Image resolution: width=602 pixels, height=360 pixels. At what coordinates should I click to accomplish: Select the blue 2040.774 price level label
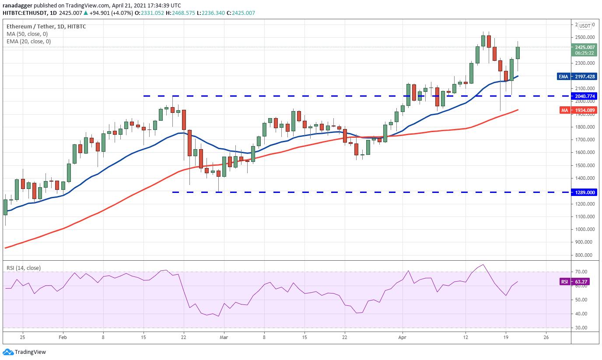click(584, 96)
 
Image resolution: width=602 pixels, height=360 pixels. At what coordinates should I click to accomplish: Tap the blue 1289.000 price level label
click(584, 192)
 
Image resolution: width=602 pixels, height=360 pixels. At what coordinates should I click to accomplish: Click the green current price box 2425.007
click(584, 50)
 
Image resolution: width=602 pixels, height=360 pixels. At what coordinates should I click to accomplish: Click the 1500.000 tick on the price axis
click(584, 165)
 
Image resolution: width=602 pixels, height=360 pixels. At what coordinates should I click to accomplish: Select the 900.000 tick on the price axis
click(584, 242)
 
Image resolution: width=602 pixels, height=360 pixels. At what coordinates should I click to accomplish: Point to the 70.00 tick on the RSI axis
click(581, 272)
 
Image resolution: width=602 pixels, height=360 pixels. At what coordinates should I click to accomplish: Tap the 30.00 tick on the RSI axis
click(581, 328)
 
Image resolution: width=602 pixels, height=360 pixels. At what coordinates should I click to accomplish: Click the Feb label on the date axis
click(63, 337)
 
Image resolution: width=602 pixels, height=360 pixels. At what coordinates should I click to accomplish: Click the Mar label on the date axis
click(224, 337)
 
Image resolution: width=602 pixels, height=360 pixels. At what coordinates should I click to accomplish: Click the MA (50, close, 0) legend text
click(27, 34)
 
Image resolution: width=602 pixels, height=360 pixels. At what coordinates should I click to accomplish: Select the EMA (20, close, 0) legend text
click(28, 42)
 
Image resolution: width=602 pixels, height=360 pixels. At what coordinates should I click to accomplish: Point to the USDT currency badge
click(584, 26)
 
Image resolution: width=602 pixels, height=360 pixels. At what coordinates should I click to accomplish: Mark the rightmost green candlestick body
click(518, 53)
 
